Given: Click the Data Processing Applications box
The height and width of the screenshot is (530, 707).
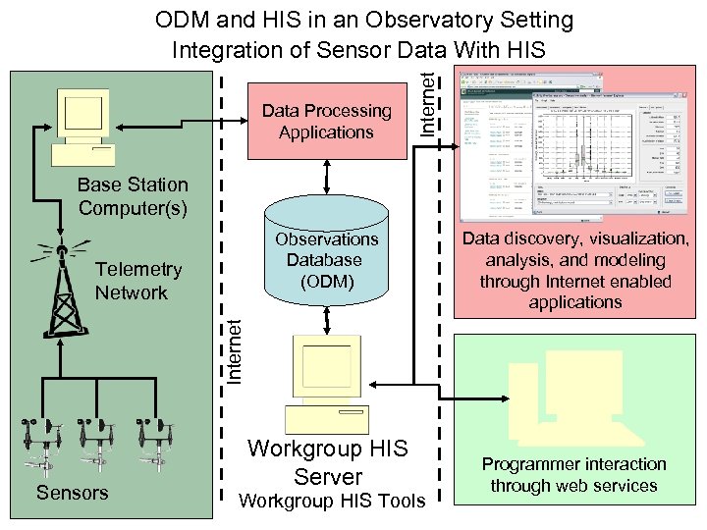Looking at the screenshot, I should pos(326,122).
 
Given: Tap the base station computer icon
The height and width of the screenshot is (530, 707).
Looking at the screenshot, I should pos(84,127).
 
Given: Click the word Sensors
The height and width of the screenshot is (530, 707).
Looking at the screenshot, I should pos(72,493).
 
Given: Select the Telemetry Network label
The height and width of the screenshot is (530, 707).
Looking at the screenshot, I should pos(138,281).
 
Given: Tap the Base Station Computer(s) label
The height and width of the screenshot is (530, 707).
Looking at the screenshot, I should pos(133,196).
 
